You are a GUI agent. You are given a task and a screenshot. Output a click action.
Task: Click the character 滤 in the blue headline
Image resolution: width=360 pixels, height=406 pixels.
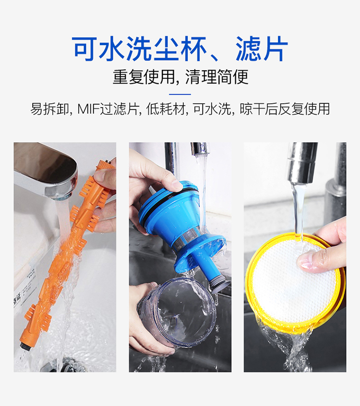click(x=248, y=49)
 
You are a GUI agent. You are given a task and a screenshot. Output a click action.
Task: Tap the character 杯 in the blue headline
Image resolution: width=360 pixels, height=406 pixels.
click(x=194, y=49)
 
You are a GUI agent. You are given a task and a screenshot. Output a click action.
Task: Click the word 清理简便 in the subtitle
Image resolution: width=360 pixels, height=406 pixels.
click(x=217, y=77)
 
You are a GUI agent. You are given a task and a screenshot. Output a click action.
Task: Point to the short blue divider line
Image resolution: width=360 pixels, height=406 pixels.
click(x=180, y=94)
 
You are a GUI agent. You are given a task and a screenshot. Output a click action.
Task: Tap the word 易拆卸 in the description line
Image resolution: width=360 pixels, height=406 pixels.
click(x=49, y=109)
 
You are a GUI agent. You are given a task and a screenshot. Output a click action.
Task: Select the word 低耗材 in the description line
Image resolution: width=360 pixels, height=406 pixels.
click(x=166, y=109)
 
